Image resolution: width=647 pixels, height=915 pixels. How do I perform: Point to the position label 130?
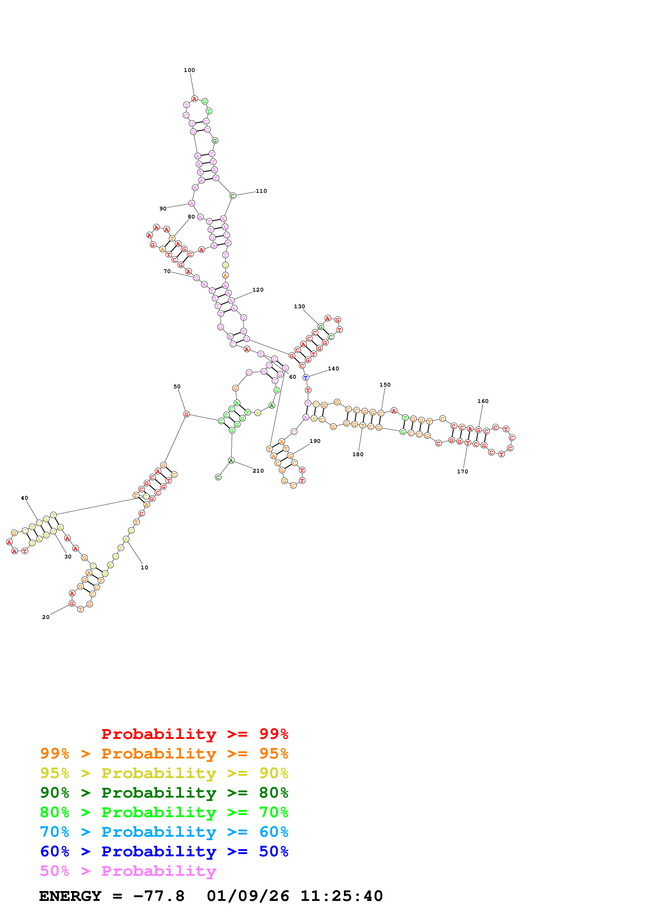299,306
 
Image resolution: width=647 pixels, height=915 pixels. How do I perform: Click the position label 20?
46,617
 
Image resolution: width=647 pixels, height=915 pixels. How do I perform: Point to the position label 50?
177,387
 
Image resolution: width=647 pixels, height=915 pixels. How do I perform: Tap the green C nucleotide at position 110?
233,196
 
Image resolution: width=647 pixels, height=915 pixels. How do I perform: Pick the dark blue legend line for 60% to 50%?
164,851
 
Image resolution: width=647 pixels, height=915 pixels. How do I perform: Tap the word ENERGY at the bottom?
70,896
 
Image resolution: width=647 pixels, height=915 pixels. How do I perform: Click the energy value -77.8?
159,896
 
